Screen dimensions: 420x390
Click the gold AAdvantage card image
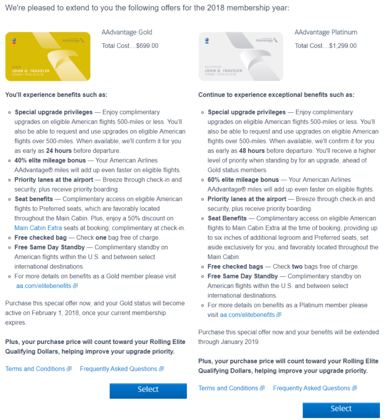pos(48,56)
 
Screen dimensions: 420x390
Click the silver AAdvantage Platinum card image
pos(241,56)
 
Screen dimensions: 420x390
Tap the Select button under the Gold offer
pos(148,390)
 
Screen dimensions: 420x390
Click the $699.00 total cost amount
pos(147,46)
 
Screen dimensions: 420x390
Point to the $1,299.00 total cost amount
pos(343,46)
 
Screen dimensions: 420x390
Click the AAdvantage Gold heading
pos(126,33)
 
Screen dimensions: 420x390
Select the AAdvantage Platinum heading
pos(326,33)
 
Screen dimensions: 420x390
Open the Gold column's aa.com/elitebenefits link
pos(44,286)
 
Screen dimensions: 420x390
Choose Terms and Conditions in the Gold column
pos(36,369)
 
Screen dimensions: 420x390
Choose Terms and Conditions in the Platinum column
pos(229,388)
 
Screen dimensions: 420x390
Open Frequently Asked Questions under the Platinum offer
pos(312,388)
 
